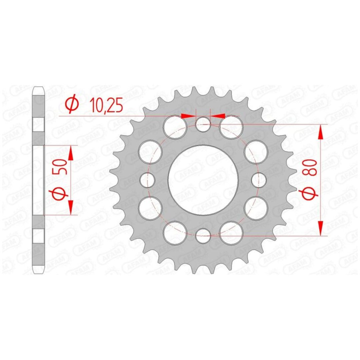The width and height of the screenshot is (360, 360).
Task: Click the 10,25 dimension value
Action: click(x=106, y=105)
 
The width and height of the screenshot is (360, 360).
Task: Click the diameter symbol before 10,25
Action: click(x=72, y=104)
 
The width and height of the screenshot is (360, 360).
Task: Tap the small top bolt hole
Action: click(x=203, y=124)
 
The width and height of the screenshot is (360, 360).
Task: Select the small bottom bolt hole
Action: click(x=203, y=236)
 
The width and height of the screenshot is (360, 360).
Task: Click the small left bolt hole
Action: click(x=147, y=180)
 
